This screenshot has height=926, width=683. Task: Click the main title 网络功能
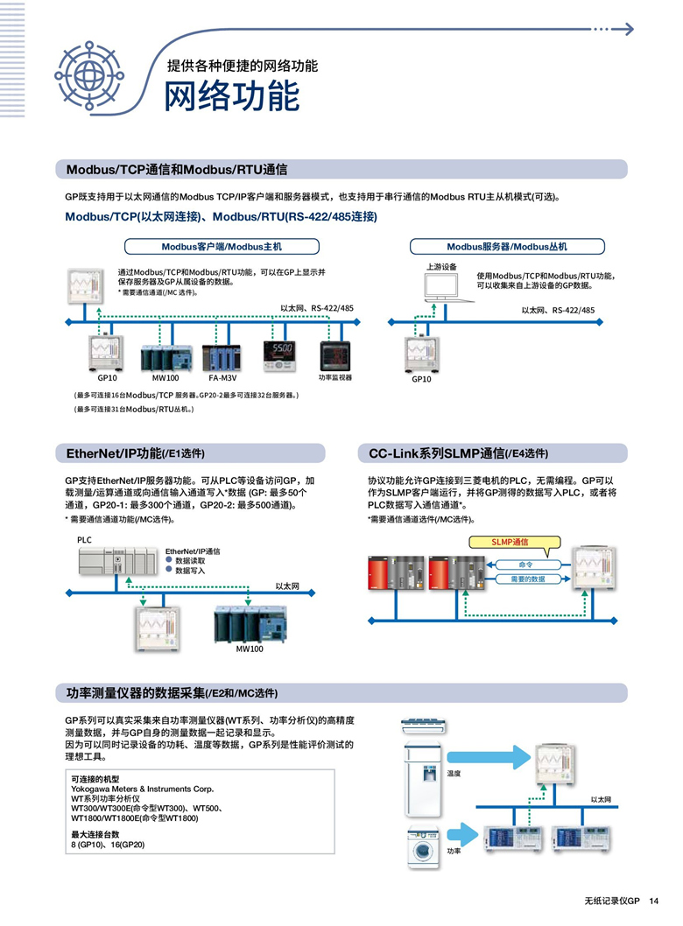coord(232,96)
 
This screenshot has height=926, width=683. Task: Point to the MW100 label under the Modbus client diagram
coord(165,378)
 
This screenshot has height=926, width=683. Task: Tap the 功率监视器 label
coord(334,377)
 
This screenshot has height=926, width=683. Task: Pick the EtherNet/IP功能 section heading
coord(135,453)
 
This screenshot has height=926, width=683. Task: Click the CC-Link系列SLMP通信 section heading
coord(458,453)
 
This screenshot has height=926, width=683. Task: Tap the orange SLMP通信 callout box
coord(516,543)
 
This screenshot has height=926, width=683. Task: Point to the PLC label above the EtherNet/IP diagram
coord(84,540)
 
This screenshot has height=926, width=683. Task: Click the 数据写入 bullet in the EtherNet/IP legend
coord(190,570)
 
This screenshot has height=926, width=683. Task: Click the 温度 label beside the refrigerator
coord(454,774)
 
